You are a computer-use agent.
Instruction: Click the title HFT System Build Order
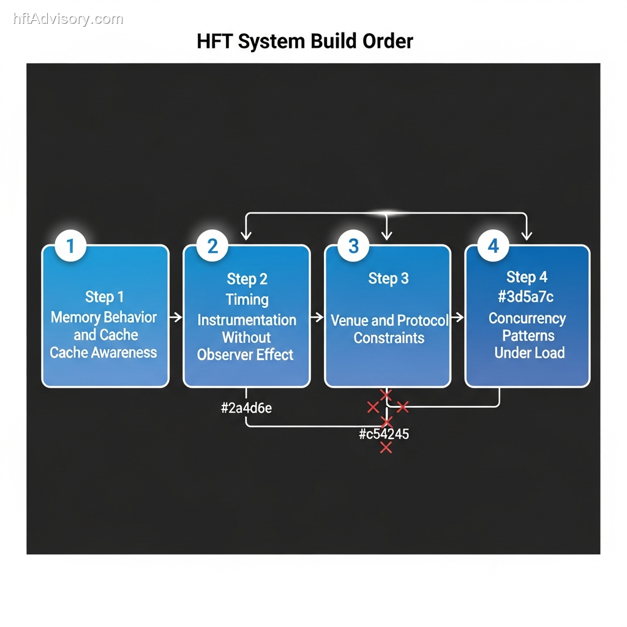pos(305,42)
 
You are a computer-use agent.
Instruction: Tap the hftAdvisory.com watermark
pos(68,19)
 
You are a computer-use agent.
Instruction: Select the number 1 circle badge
pos(70,246)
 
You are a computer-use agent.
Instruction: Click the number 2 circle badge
pos(212,246)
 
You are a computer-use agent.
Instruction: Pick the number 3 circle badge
pos(353,246)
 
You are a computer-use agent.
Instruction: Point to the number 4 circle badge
pos(494,246)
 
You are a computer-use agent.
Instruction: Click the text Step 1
pos(104,297)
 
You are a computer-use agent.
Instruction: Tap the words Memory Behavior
pos(103,317)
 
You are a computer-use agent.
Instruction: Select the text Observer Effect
pos(246,355)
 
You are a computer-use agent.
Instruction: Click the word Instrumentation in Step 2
pos(247,320)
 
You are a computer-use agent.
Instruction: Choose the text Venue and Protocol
pos(389,320)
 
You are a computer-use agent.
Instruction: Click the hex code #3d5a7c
pos(527,297)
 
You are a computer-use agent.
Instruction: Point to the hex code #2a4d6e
pos(246,408)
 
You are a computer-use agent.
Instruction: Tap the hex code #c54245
pos(384,435)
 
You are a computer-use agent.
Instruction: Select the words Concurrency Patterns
pos(528,327)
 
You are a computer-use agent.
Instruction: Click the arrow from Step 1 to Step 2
pos(176,317)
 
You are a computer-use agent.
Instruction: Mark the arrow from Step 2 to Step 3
pos(317,317)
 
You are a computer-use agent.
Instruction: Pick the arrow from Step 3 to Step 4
pos(458,317)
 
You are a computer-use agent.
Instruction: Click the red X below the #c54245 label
pos(386,448)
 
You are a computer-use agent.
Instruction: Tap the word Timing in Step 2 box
pos(247,299)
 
